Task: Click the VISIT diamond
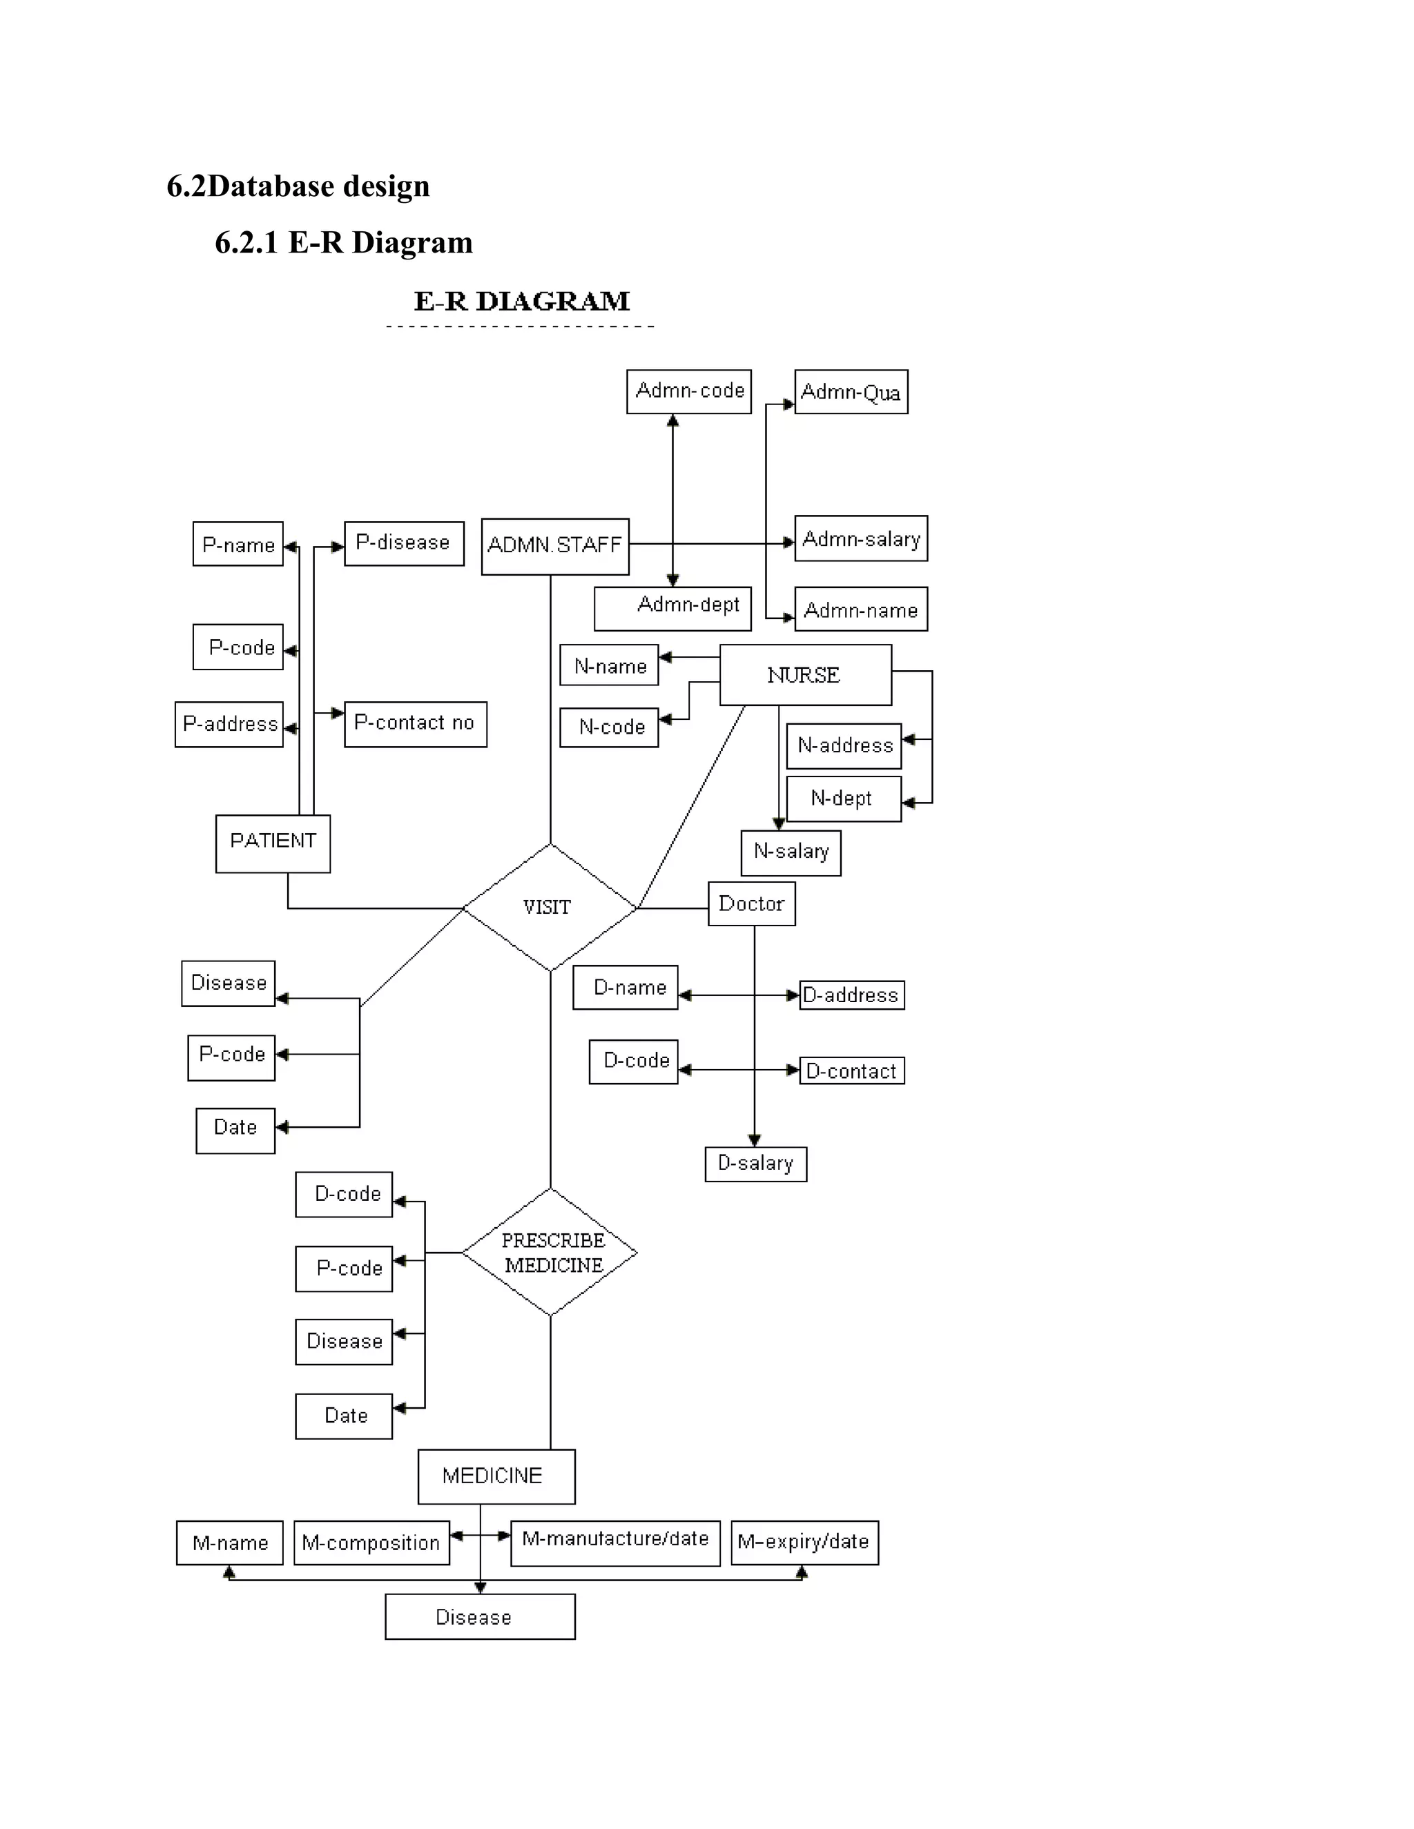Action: pos(550,907)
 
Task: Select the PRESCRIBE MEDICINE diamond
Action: pos(550,1252)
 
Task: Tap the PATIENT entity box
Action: pos(273,843)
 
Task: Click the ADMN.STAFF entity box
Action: pos(554,546)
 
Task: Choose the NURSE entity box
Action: pos(805,675)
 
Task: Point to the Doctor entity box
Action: pos(751,903)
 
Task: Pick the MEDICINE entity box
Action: pos(496,1476)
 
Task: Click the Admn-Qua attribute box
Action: pos(850,392)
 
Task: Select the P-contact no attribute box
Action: pos(415,723)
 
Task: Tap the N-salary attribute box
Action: pos(791,852)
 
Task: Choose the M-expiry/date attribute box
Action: pos(804,1543)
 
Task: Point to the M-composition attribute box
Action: pos(371,1543)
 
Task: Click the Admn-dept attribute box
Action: pos(672,607)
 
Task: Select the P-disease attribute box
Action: pos(404,543)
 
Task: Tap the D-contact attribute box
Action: pos(852,1070)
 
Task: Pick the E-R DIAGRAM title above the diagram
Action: pos(521,302)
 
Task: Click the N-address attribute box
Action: pos(844,746)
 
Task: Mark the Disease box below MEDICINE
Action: pos(479,1616)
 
